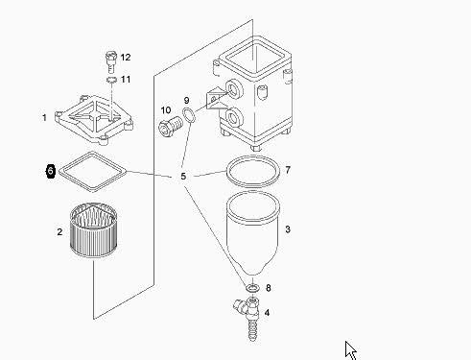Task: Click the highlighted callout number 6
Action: (51, 171)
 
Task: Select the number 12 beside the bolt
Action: (126, 58)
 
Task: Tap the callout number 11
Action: (126, 79)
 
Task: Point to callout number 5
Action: (183, 177)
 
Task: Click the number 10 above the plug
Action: (166, 110)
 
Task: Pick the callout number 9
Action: (187, 101)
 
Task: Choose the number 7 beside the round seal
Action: (288, 170)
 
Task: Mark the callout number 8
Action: (269, 288)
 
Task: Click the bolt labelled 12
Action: (111, 61)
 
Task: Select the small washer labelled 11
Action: (111, 80)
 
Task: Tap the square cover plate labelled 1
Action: (94, 120)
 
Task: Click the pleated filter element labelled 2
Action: (94, 229)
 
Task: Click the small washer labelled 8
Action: (252, 288)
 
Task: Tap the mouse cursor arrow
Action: (350, 350)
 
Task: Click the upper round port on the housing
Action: (234, 89)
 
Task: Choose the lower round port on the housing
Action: (235, 117)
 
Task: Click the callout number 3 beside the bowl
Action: (288, 229)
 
